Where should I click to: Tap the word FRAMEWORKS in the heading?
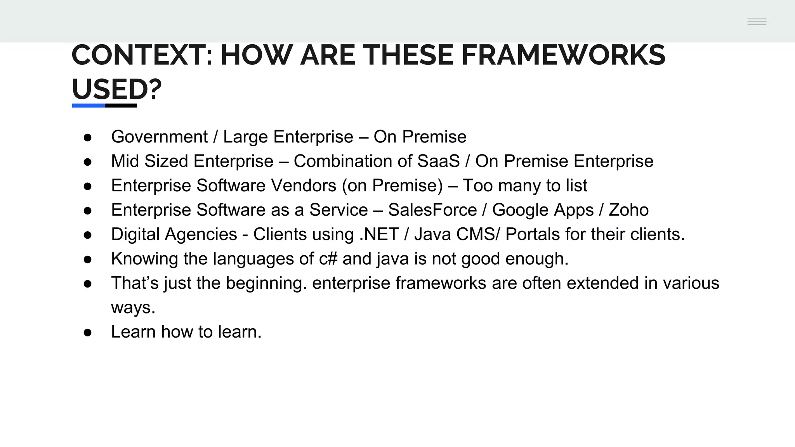(563, 55)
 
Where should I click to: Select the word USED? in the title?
(116, 89)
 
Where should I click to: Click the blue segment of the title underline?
(89, 106)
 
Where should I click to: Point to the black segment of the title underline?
(121, 106)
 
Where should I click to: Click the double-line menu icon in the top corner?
(757, 22)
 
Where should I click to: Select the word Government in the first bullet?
(159, 137)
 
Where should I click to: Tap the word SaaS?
(438, 161)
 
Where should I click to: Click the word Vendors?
(304, 185)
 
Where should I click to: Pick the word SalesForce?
(432, 210)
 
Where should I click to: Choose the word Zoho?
(628, 210)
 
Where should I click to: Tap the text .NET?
(379, 234)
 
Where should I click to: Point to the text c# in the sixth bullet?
(328, 259)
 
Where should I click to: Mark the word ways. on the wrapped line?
(133, 308)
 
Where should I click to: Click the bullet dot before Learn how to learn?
(88, 333)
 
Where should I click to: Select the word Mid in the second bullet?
(125, 161)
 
